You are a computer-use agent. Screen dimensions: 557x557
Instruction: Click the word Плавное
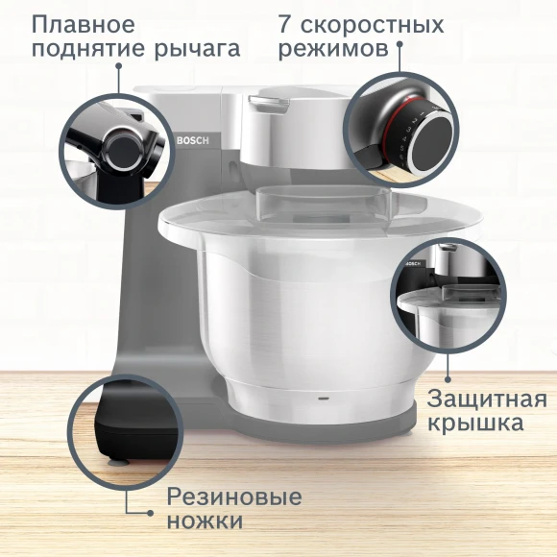point(83,23)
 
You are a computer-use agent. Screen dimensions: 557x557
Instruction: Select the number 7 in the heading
point(286,23)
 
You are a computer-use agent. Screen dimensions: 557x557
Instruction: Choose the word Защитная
point(487,399)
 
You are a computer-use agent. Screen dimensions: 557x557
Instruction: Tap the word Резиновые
point(234,497)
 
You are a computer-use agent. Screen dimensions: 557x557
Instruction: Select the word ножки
point(205,521)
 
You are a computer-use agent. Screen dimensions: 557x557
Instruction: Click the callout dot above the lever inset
point(119,66)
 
